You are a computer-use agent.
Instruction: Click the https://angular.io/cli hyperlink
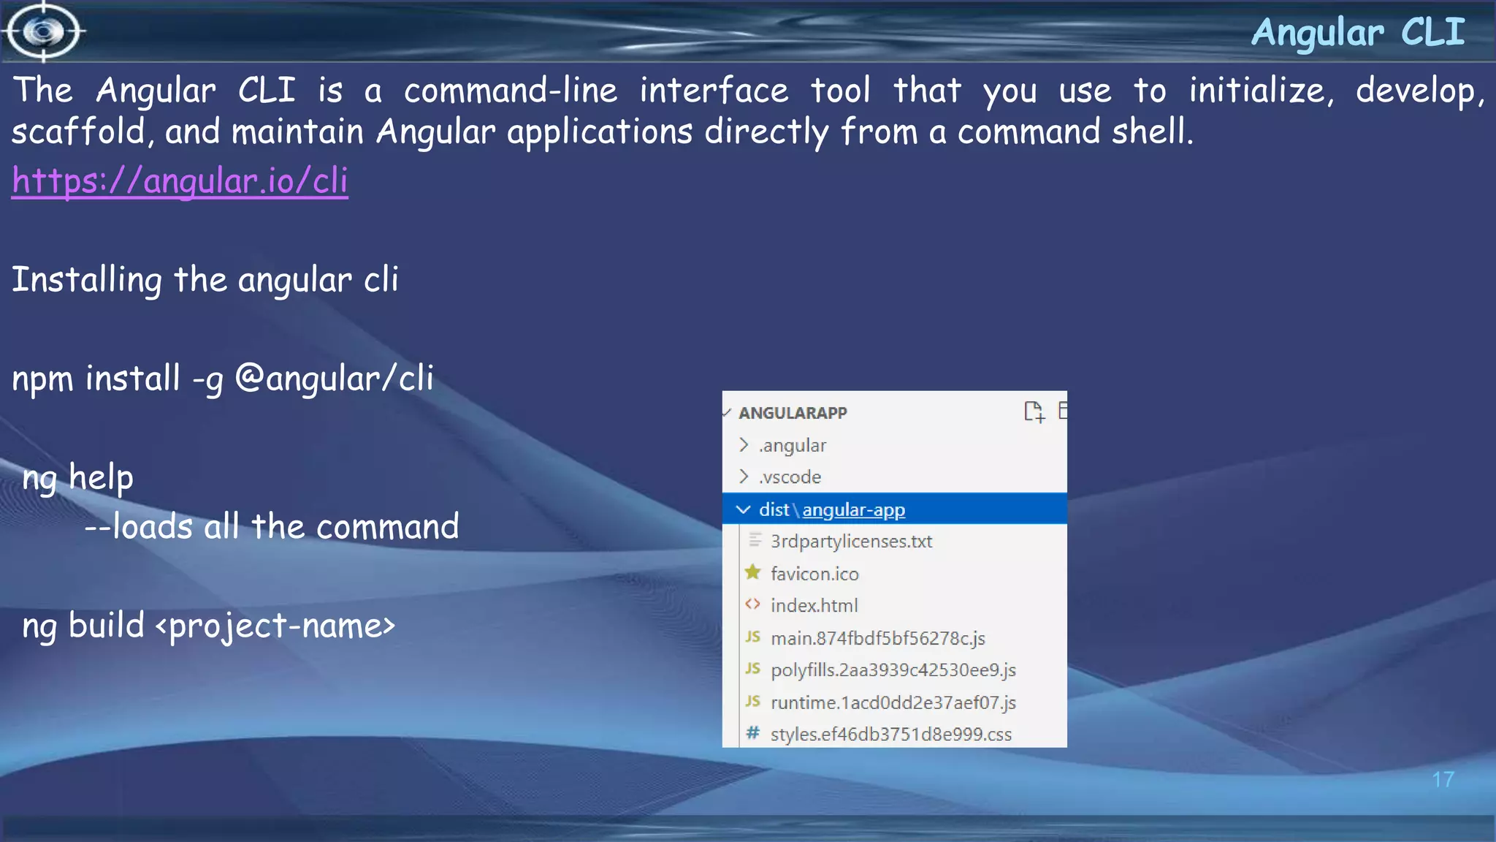click(180, 181)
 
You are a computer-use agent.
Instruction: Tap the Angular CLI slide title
click(1358, 33)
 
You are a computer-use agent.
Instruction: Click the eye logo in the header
click(44, 31)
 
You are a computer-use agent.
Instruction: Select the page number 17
click(1443, 780)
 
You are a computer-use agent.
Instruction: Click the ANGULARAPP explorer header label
click(793, 413)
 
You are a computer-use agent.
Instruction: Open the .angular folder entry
click(793, 445)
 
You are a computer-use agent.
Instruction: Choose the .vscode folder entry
click(790, 477)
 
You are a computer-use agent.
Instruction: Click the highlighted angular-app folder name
click(853, 509)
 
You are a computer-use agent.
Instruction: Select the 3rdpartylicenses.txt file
click(851, 542)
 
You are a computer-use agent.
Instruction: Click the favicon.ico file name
click(814, 574)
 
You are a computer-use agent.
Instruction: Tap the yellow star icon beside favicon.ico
click(752, 572)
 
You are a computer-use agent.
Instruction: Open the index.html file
click(814, 606)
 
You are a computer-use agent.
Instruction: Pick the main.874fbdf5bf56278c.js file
click(877, 638)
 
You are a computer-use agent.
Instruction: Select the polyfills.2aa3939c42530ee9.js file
click(893, 670)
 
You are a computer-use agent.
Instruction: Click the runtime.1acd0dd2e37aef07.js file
click(893, 702)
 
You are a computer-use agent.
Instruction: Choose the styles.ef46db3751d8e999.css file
click(890, 735)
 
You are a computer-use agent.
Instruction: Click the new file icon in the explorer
click(1034, 412)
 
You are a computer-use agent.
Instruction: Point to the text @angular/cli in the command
click(334, 379)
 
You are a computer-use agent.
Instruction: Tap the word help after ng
click(101, 478)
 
